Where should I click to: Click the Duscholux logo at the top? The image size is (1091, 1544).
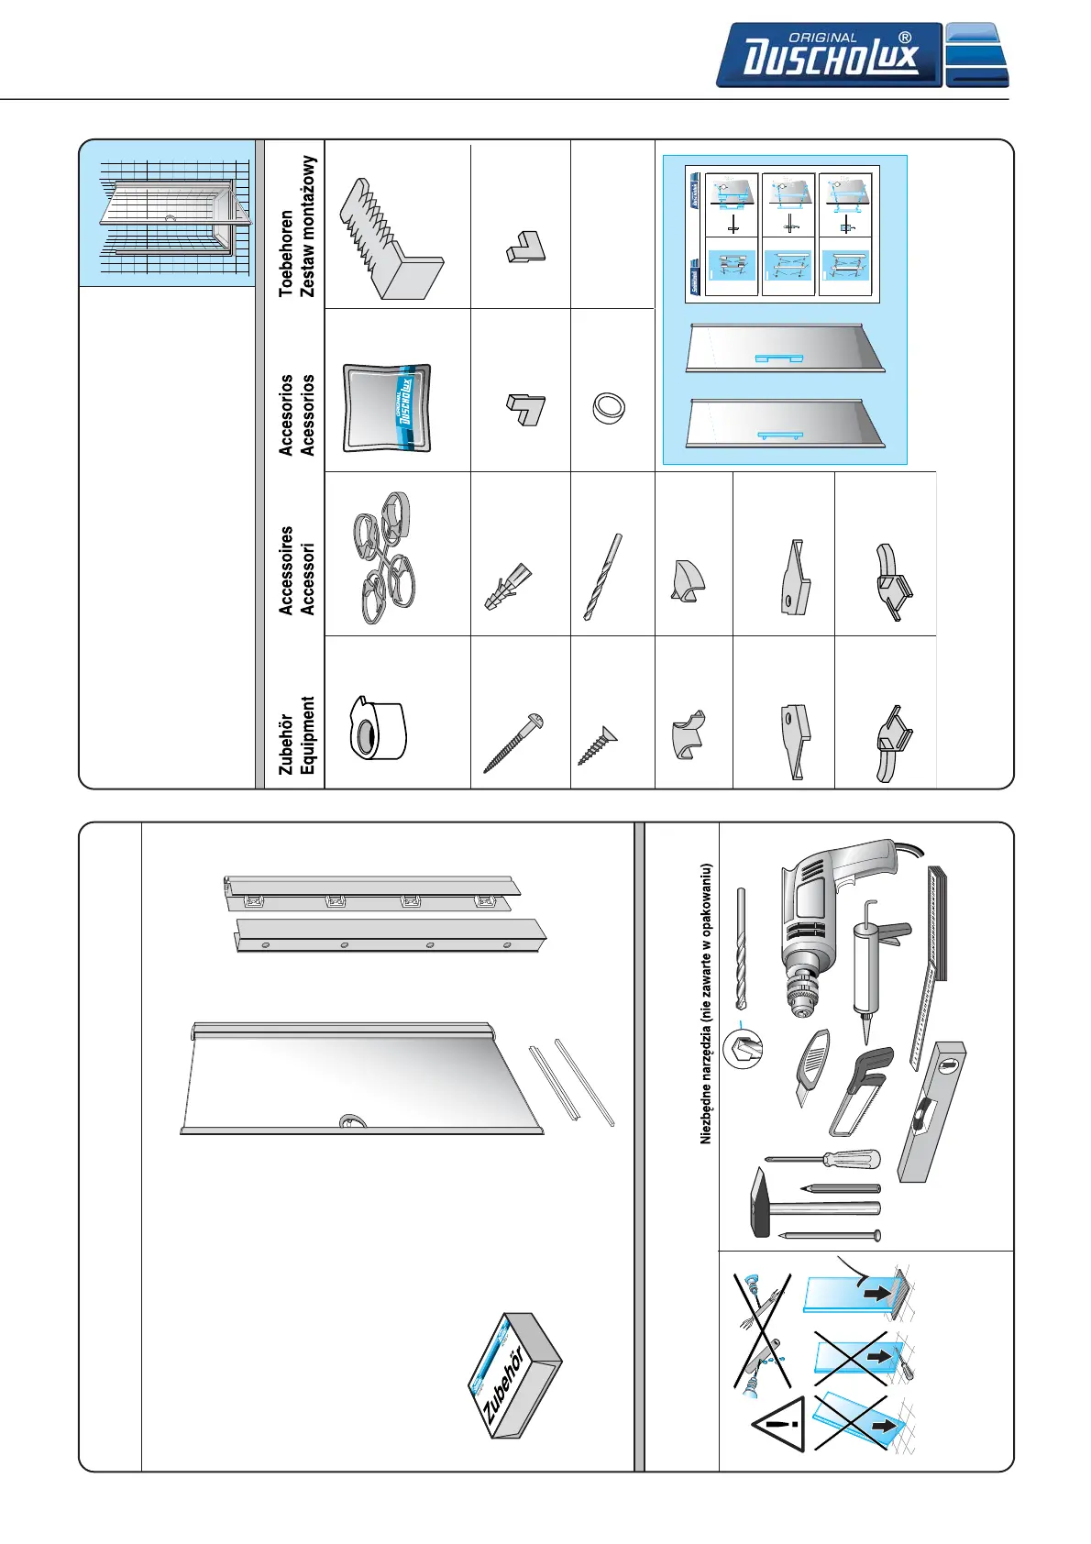(829, 56)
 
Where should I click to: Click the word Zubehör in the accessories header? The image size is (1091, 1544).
(286, 744)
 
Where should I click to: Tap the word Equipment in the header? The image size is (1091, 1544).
(308, 735)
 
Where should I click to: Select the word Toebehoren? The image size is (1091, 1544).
(287, 252)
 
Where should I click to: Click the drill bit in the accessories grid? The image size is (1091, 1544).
(603, 577)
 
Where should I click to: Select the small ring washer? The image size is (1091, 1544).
(608, 407)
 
